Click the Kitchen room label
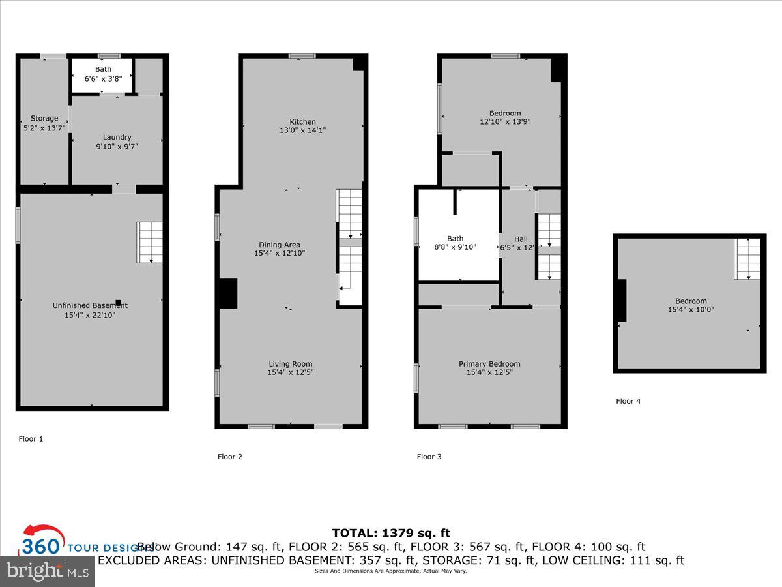click(x=302, y=122)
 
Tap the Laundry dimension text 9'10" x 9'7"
click(x=117, y=147)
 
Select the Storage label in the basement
click(x=44, y=118)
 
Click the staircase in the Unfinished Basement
click(x=149, y=242)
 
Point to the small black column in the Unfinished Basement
click(x=118, y=303)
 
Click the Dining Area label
click(x=280, y=245)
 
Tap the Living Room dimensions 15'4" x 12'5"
click(x=290, y=372)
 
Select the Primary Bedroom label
click(x=489, y=364)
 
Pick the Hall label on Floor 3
click(x=521, y=239)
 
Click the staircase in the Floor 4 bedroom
click(x=747, y=259)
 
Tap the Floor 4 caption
click(x=628, y=401)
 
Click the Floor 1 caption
click(x=31, y=439)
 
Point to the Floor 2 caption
click(x=229, y=457)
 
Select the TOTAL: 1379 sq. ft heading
click(x=391, y=533)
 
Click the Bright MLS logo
click(x=47, y=571)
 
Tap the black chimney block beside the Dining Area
click(x=227, y=293)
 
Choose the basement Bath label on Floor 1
click(x=103, y=69)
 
